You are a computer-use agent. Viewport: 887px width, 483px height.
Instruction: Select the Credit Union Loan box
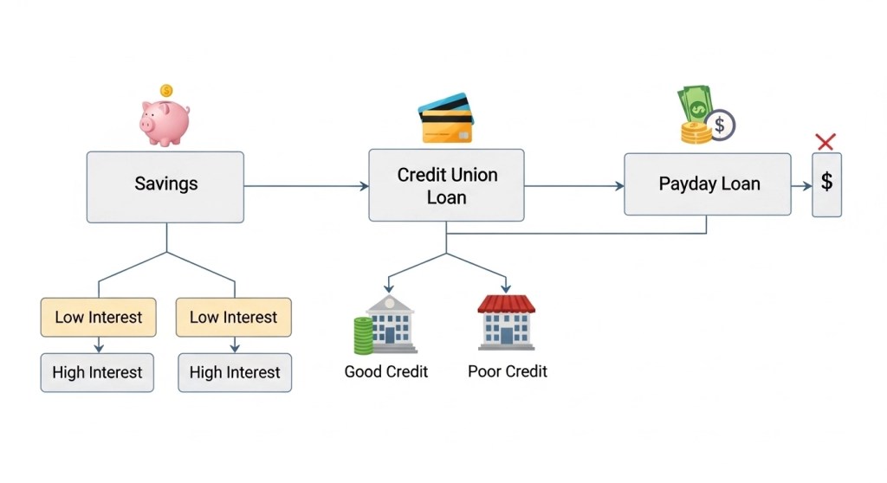click(446, 185)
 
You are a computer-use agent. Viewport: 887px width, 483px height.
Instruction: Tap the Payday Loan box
click(707, 184)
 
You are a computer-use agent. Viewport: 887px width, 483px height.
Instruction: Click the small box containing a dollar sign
click(826, 184)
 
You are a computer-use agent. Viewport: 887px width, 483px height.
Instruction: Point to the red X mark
click(825, 141)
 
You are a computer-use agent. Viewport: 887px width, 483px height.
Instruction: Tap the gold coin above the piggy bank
click(166, 90)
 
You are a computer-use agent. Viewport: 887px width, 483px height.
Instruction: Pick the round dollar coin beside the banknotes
click(719, 126)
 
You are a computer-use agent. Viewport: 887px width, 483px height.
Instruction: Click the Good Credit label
click(386, 371)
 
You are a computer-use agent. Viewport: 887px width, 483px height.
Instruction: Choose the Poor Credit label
click(508, 371)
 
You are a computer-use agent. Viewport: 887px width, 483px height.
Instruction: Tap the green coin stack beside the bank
click(362, 335)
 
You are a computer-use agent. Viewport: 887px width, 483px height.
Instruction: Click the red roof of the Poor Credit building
click(507, 304)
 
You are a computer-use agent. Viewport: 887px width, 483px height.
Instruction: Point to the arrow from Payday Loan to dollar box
click(801, 186)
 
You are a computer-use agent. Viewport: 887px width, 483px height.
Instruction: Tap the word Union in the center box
click(472, 175)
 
